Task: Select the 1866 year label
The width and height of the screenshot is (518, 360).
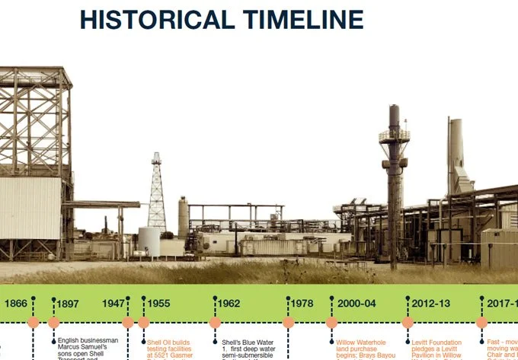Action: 15,304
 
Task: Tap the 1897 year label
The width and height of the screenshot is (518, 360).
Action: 68,304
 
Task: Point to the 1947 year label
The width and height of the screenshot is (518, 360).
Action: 113,304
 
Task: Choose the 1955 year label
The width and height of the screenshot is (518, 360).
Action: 158,304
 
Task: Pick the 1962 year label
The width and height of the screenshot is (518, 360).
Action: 229,304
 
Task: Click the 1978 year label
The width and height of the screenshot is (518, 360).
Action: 302,304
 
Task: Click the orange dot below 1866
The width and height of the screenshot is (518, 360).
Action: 33,323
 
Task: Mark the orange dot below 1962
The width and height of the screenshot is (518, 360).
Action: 215,323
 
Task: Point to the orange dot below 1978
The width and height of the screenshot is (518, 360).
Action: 288,323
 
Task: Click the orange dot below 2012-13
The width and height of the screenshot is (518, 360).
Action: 408,323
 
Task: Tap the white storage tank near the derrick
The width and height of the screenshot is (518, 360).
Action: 149,242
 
